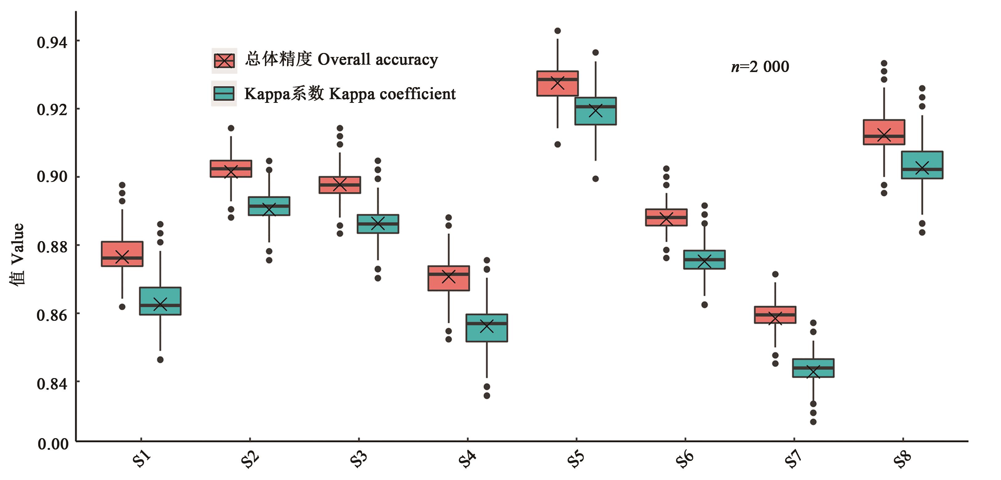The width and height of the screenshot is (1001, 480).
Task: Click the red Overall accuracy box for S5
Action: (x=557, y=83)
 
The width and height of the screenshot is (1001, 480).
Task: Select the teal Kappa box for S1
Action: (x=160, y=301)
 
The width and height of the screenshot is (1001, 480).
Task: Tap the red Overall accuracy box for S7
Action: (x=775, y=315)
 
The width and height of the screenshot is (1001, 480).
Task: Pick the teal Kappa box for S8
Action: (x=922, y=165)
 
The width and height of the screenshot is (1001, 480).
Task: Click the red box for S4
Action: (x=448, y=278)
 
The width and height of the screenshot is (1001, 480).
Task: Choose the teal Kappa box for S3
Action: (x=378, y=224)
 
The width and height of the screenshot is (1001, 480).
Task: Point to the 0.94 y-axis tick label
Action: (x=52, y=42)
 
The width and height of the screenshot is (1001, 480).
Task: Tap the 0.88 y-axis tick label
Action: (x=52, y=246)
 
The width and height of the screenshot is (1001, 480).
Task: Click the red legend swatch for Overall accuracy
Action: (x=224, y=61)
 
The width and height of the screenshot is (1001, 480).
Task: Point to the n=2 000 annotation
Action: (x=760, y=67)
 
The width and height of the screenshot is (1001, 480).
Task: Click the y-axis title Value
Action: (x=18, y=254)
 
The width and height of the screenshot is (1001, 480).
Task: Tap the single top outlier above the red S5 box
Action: (x=557, y=31)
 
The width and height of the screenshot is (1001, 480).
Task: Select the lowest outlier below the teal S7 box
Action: (x=813, y=422)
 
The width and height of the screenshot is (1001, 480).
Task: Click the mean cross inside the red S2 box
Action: (x=231, y=171)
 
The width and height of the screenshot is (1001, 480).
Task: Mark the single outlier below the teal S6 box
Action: (x=705, y=305)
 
